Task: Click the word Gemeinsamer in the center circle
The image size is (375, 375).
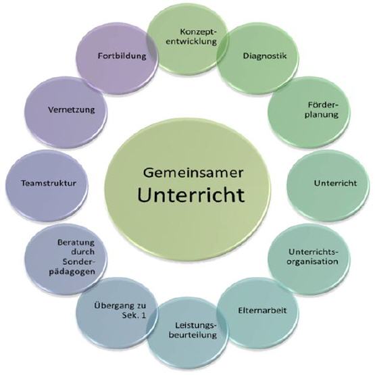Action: coord(193,173)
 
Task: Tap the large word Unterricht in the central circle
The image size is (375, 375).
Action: coord(191,195)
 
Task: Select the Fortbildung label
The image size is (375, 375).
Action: coord(122,56)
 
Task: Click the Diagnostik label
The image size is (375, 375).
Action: coord(265,56)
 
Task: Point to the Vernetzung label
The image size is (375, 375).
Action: coord(72,109)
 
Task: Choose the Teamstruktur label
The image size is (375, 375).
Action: coord(49,183)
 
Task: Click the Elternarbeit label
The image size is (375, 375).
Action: coord(262,310)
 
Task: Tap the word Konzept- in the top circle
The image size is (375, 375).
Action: coord(199,32)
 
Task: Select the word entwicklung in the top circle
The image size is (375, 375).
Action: coord(191,42)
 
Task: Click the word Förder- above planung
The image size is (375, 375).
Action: coord(324,105)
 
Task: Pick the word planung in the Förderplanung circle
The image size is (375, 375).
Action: coord(322,115)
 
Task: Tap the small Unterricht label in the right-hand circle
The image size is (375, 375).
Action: coord(335,183)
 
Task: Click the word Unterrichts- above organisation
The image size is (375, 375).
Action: coord(314,252)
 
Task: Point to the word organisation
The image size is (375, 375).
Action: coord(313,261)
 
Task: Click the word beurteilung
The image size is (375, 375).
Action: coord(193,334)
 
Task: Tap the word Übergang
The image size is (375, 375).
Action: coord(109,306)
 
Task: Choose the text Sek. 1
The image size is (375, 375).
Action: coord(134,316)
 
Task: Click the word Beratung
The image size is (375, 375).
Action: coord(76,243)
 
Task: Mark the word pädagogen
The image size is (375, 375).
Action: coord(72,272)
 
